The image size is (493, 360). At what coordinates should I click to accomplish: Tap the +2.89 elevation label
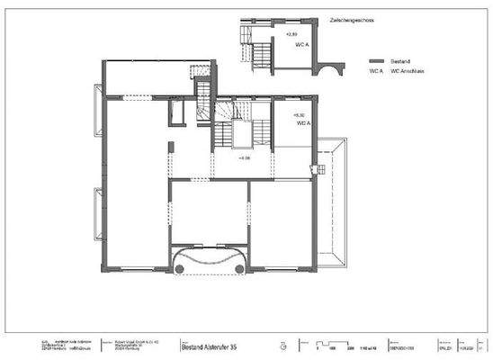(x=291, y=34)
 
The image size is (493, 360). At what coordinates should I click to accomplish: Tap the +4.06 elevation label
(x=244, y=157)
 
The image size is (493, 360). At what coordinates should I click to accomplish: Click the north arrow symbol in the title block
(x=282, y=344)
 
